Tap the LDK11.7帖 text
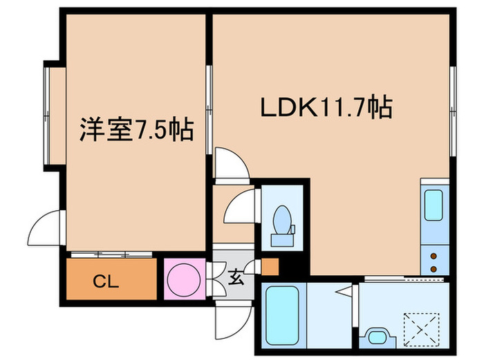[326, 109]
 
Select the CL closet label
[107, 282]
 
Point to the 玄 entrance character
[236, 280]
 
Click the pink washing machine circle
[185, 279]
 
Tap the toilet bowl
[282, 222]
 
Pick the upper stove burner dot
[434, 254]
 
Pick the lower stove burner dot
[434, 268]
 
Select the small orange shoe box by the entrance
[270, 266]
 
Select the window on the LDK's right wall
[454, 111]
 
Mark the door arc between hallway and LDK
[230, 165]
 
